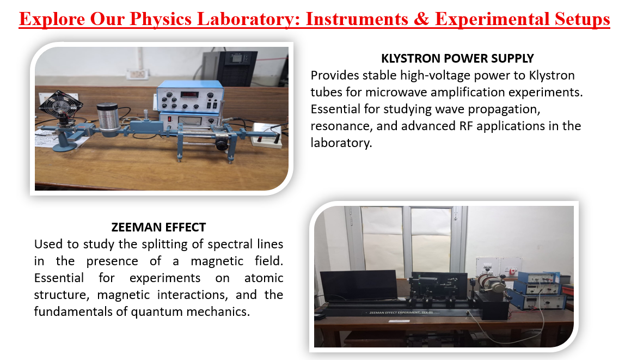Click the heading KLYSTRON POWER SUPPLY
457,59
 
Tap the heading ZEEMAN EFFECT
158,227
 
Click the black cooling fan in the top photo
60,105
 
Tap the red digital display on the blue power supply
189,94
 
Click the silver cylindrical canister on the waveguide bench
108,120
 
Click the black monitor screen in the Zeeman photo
359,285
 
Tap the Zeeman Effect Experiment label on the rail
401,313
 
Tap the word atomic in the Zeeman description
264,278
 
